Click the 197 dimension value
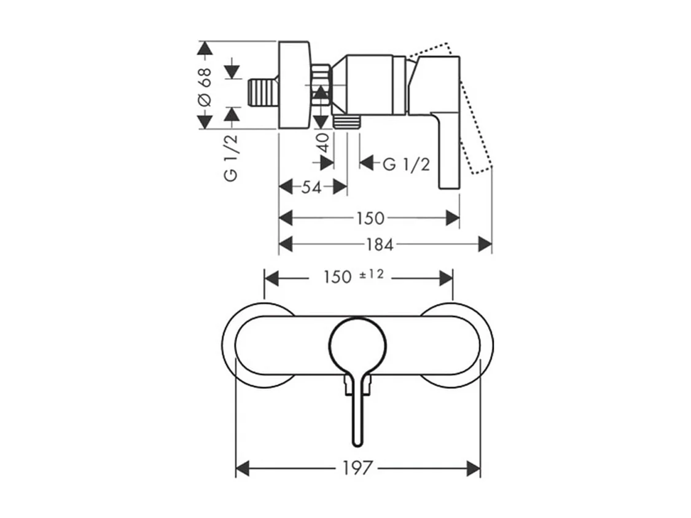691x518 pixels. [358, 468]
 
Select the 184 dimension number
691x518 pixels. [380, 245]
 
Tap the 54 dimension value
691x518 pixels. [311, 187]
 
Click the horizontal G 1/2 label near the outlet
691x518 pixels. [406, 164]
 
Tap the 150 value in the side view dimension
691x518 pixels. [370, 218]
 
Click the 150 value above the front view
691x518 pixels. [338, 277]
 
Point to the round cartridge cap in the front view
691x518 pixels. [358, 346]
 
